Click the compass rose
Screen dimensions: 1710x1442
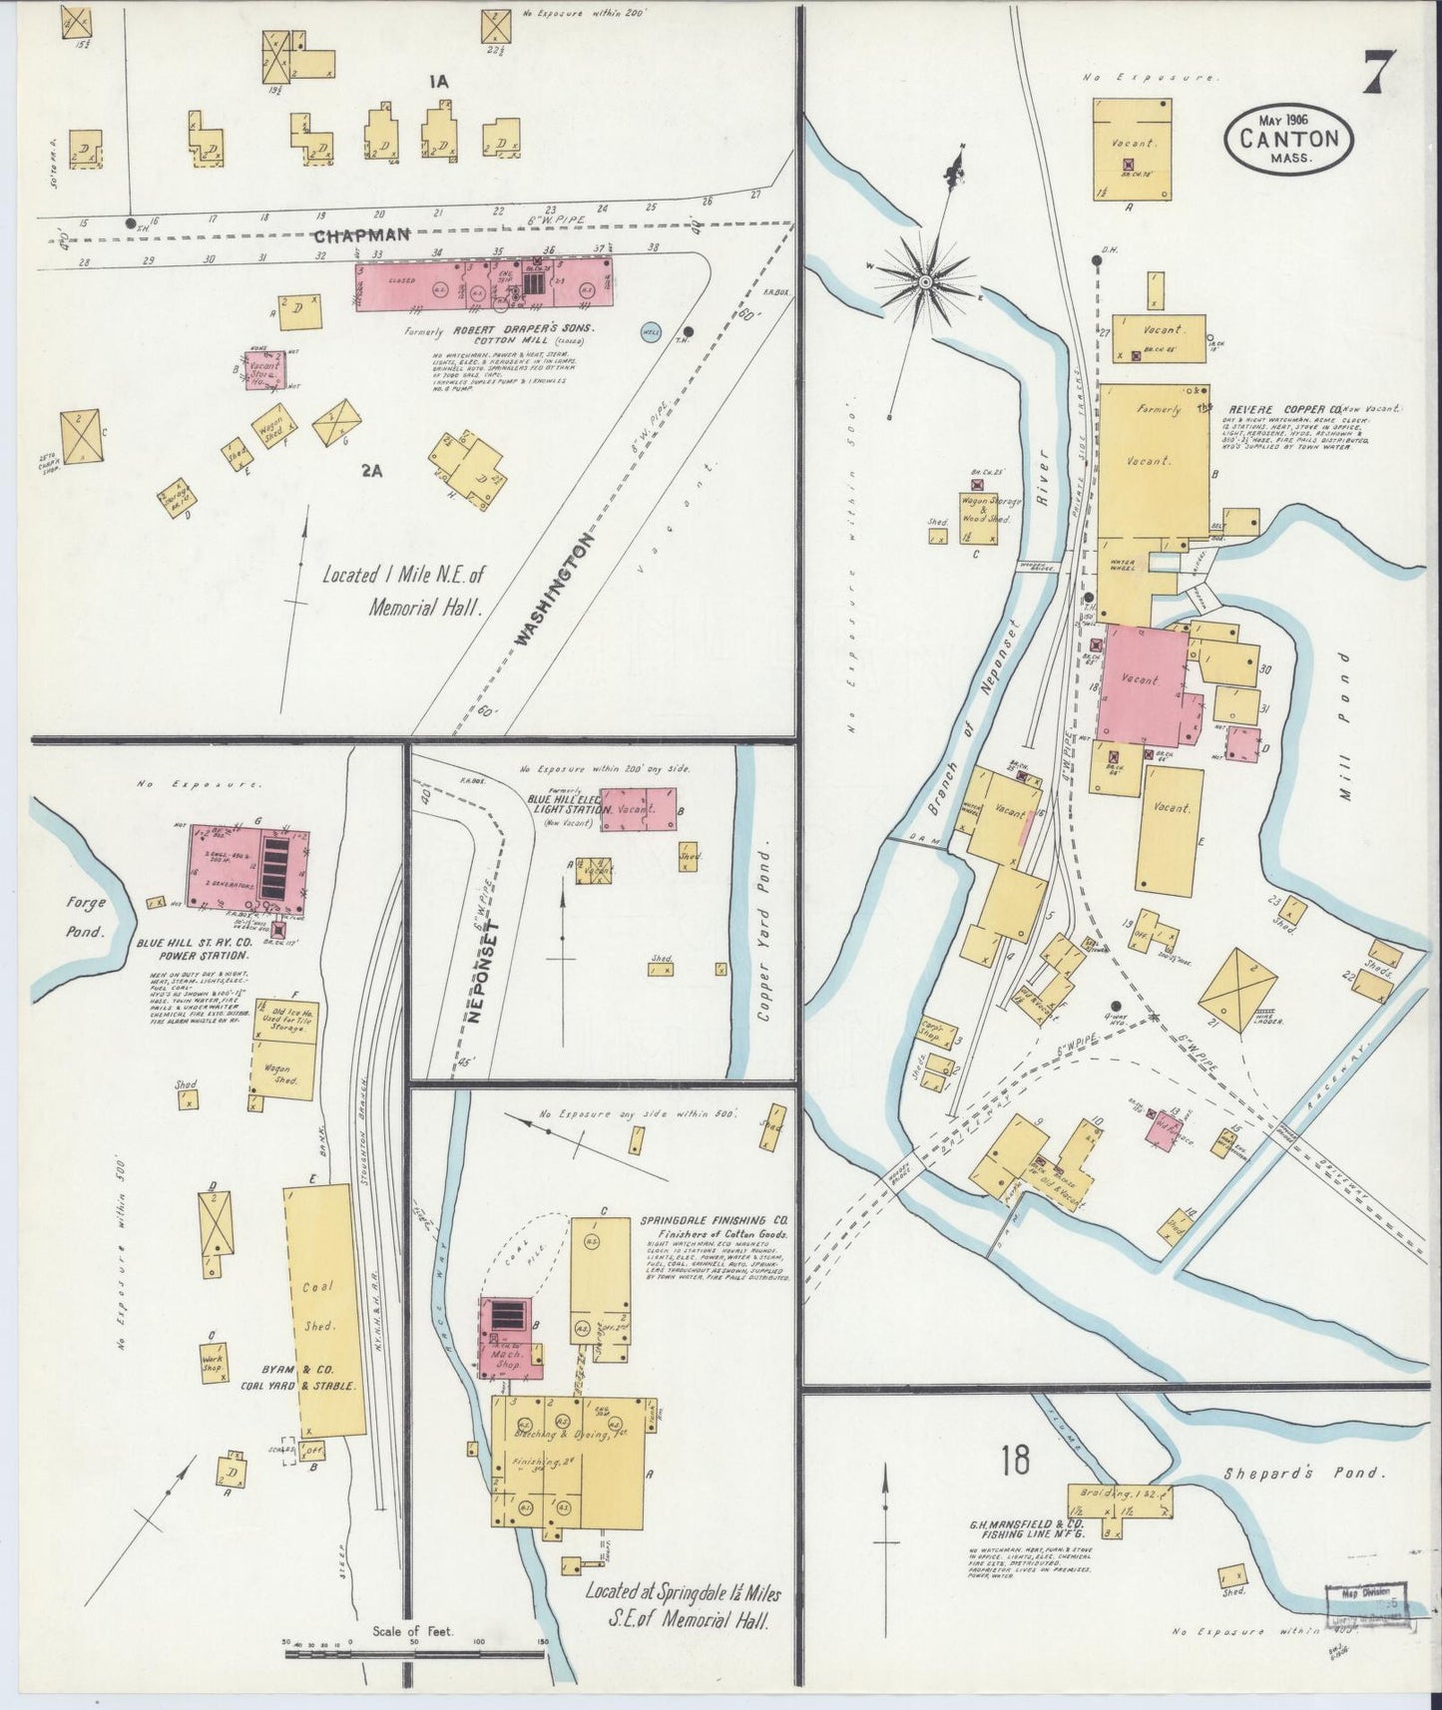pos(925,282)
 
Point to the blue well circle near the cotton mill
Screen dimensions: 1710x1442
pos(651,332)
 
